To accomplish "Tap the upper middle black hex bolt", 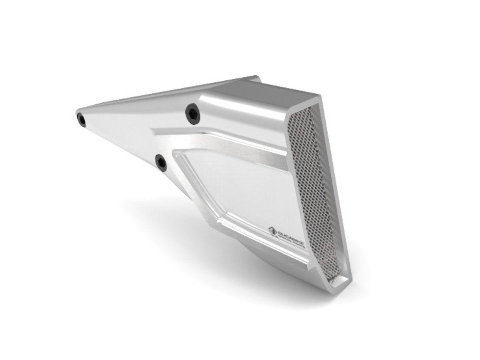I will point(193,113).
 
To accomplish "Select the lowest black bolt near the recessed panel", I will point(161,162).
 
